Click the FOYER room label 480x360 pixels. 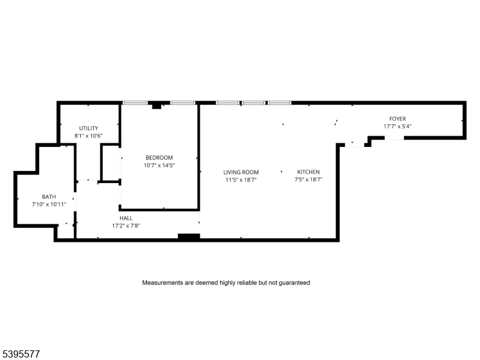[397, 119]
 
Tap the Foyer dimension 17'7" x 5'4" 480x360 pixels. [397, 127]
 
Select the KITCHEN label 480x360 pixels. [308, 172]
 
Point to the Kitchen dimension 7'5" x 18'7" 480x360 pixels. [308, 179]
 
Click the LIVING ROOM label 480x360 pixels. [241, 172]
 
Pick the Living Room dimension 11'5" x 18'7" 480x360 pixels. [241, 179]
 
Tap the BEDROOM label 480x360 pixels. [159, 157]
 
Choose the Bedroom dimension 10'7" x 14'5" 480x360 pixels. [159, 165]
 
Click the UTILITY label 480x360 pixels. [89, 128]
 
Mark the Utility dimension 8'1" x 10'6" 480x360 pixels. [89, 136]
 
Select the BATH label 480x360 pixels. [49, 197]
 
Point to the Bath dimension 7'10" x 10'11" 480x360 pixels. [49, 205]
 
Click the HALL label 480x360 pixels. [126, 218]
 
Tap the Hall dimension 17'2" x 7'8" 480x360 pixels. [126, 226]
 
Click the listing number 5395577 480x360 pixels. [21, 354]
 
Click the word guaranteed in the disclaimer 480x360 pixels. [294, 282]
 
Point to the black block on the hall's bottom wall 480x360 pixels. [189, 237]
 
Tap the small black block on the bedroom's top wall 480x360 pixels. [157, 105]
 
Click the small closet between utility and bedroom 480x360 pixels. [110, 162]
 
